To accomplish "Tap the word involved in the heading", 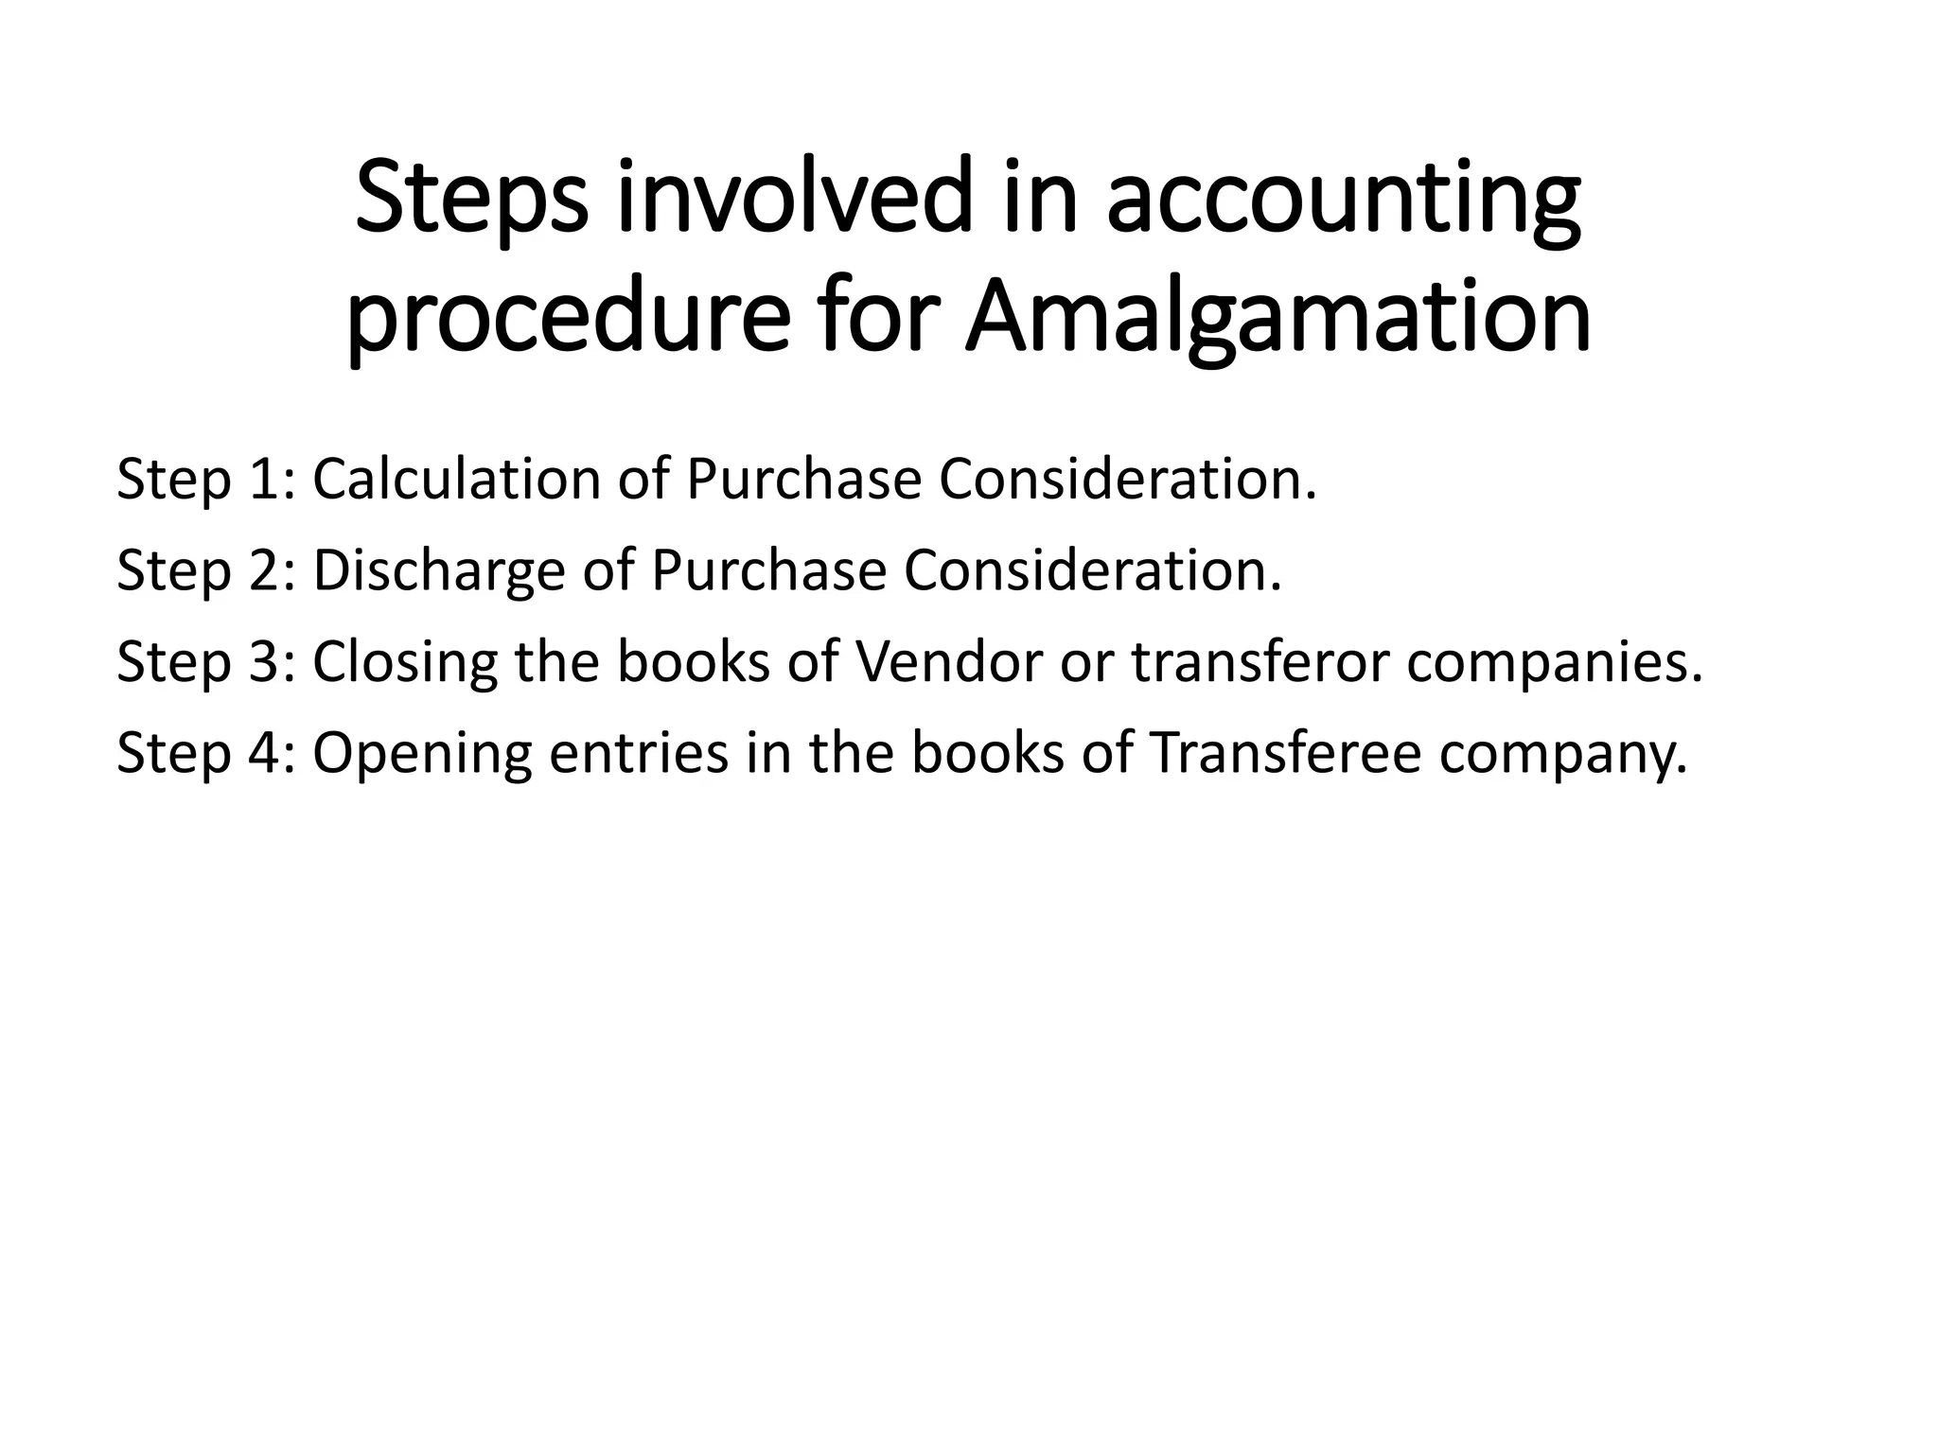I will pyautogui.click(x=794, y=200).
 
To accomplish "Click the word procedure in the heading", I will pyautogui.click(x=568, y=319).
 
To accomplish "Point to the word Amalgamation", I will pyautogui.click(x=1277, y=319).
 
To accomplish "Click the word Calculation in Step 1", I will pyautogui.click(x=457, y=480).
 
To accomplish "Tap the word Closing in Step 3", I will pyautogui.click(x=405, y=662).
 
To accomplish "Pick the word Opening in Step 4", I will pyautogui.click(x=422, y=754).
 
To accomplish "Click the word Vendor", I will pyautogui.click(x=947, y=662).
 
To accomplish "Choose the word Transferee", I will pyautogui.click(x=1285, y=754).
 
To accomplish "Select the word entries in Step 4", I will pyautogui.click(x=639, y=754).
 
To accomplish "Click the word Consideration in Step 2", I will pyautogui.click(x=1093, y=571).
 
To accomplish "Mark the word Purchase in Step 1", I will pyautogui.click(x=803, y=480).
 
